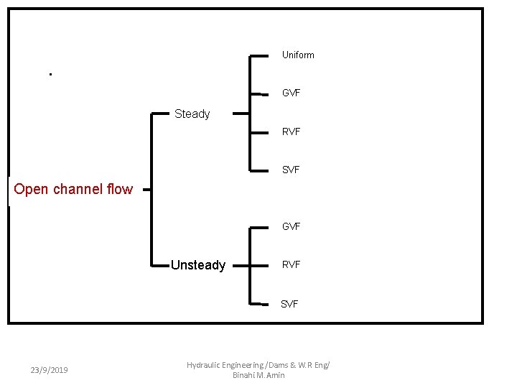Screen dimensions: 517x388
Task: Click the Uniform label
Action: pos(298,55)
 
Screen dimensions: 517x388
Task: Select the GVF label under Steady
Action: pos(291,93)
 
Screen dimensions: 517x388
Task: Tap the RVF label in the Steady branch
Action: pos(291,132)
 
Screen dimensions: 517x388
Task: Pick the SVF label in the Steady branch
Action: pos(291,170)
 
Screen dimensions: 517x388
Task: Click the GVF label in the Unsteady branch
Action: pos(291,227)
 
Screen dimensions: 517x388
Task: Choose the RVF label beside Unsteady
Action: pos(291,265)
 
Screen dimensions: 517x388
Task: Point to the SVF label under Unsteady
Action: pos(289,305)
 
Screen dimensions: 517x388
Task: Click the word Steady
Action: pos(192,114)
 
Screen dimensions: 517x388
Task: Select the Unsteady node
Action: pos(198,266)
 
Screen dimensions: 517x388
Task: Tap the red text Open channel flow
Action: pos(73,190)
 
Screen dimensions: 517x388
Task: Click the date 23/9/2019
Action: pos(50,370)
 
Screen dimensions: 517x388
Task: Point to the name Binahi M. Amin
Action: pos(258,375)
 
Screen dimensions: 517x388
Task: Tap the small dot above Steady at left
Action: pos(50,74)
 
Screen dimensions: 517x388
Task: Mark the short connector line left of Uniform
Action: pos(258,55)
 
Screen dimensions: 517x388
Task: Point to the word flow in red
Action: pos(119,190)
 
